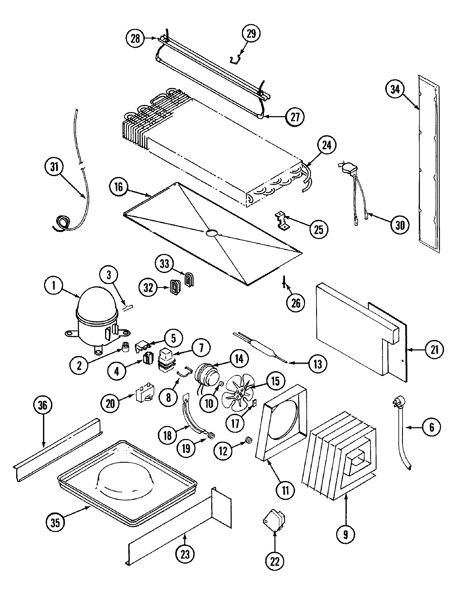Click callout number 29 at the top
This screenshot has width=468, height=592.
[x=251, y=34]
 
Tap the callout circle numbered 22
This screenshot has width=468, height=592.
[x=275, y=562]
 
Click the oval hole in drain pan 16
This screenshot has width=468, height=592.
[x=211, y=233]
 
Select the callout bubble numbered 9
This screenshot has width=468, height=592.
[x=345, y=534]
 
